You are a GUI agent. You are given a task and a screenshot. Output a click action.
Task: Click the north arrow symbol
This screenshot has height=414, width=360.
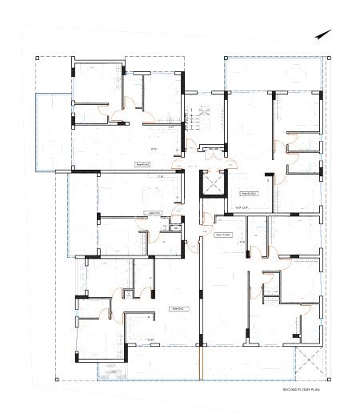pyautogui.click(x=322, y=34)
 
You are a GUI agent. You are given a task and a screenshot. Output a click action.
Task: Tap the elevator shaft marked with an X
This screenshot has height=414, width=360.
pyautogui.click(x=213, y=183)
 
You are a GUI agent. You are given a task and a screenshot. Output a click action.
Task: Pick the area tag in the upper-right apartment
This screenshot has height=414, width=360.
pyautogui.click(x=249, y=193)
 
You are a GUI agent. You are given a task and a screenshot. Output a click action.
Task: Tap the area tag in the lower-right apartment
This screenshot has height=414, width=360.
pyautogui.click(x=224, y=235)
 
